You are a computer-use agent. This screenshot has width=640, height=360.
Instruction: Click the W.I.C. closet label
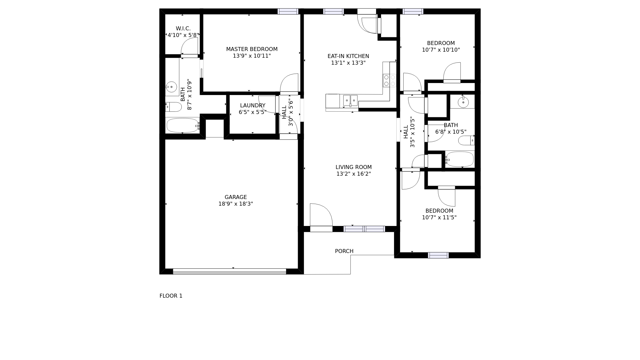pos(183,29)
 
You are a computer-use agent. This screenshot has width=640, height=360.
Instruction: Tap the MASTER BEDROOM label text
pos(252,49)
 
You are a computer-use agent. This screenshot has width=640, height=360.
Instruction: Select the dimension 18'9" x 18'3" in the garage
pos(236,204)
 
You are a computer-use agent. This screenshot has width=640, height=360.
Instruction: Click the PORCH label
pos(344,251)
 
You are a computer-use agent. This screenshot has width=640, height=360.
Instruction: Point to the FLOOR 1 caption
pos(171,296)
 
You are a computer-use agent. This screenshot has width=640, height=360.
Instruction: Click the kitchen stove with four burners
pos(390,80)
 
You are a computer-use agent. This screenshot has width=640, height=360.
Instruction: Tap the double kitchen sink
pos(350,100)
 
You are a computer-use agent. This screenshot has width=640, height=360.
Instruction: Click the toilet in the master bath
pos(173,107)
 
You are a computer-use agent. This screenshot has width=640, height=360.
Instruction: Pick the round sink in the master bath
pos(171,87)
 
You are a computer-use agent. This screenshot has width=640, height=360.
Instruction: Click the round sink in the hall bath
pos(463,102)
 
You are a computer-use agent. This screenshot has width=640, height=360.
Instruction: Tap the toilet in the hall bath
pos(466,140)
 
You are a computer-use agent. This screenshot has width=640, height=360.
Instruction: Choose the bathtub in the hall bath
pos(460,159)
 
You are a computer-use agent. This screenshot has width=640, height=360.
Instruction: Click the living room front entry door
pos(321,216)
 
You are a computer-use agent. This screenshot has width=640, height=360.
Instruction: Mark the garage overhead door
pos(229,271)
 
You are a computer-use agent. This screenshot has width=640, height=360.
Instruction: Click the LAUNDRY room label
pos(253,106)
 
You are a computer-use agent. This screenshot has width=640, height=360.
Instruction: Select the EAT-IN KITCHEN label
pos(348,56)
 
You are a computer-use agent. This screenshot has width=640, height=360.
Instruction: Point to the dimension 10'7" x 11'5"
pos(439,218)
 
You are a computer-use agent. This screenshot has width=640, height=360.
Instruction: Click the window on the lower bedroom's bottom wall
pos(438,255)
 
